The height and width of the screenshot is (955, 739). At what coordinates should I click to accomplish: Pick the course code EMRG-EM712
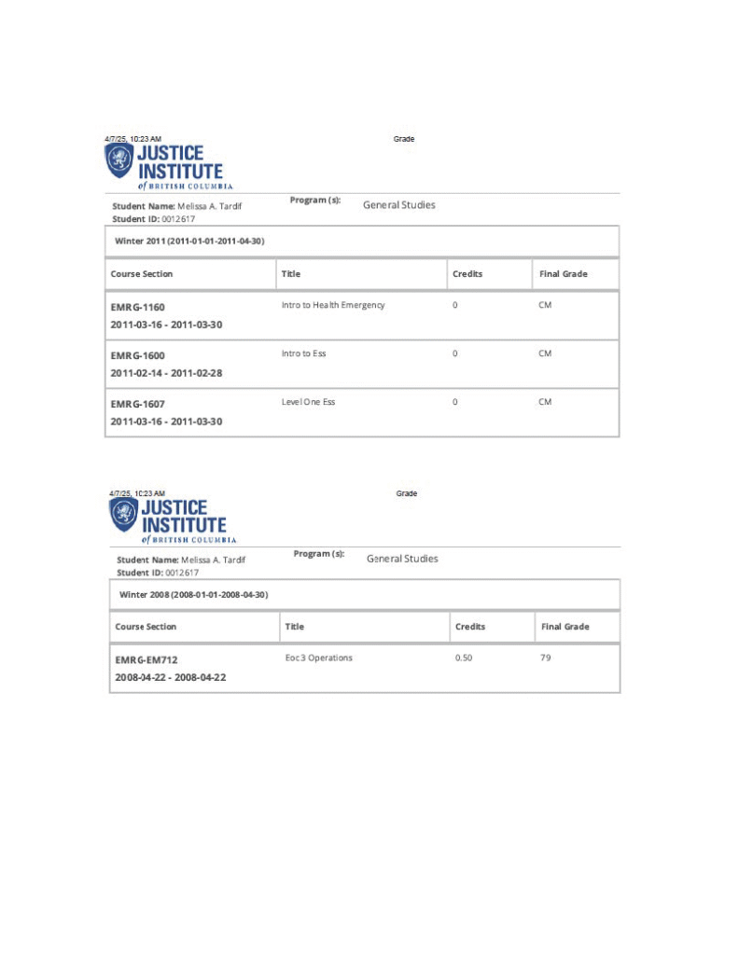(146, 660)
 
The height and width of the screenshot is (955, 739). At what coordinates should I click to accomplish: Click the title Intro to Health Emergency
(333, 305)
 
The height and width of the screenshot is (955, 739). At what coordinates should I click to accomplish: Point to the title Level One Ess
(308, 402)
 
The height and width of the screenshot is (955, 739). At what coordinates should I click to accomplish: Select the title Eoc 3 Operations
(319, 657)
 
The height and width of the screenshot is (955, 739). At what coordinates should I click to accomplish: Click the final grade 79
(546, 657)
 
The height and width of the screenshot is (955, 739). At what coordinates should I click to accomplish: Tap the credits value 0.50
(464, 657)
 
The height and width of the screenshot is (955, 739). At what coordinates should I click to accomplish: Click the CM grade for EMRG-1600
(545, 353)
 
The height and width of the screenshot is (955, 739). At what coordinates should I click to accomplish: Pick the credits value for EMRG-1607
(455, 402)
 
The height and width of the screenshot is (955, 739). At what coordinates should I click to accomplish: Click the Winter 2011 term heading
(188, 241)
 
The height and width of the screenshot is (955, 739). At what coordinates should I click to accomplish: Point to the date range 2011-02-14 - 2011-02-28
(166, 373)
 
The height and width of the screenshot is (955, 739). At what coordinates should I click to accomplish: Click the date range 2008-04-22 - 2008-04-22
(171, 677)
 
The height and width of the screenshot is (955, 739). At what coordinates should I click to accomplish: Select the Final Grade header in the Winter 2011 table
(564, 274)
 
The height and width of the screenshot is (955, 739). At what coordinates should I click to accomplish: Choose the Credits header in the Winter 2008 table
(470, 627)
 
